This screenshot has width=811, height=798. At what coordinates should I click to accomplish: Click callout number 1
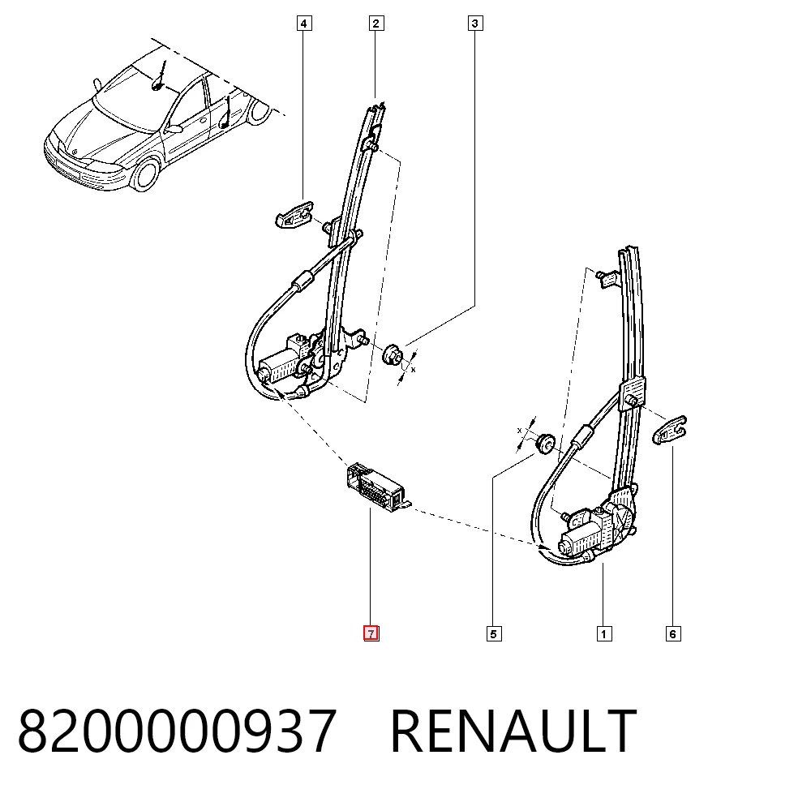pos(603,633)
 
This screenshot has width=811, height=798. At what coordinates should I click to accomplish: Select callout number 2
pos(376,24)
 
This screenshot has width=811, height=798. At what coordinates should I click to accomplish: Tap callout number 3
pos(475,24)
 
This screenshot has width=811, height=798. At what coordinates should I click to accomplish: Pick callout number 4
pos(304,24)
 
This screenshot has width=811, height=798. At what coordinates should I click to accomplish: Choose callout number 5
pos(494,633)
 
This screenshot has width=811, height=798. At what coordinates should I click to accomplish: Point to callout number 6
pos(673,633)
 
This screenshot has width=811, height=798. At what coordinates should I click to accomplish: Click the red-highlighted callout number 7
pos(371,633)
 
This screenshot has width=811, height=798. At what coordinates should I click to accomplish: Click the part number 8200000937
pos(178,731)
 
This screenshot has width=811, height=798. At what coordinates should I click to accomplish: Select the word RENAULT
pos(513,731)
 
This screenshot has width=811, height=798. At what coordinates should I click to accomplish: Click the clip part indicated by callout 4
pos(294,214)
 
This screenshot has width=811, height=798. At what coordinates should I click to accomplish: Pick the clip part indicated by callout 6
pos(669,430)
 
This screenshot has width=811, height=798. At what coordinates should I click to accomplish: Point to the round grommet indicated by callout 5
pos(545,444)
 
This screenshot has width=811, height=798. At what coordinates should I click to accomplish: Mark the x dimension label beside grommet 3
pos(414,369)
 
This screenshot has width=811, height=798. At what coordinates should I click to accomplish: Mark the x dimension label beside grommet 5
pos(519,431)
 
